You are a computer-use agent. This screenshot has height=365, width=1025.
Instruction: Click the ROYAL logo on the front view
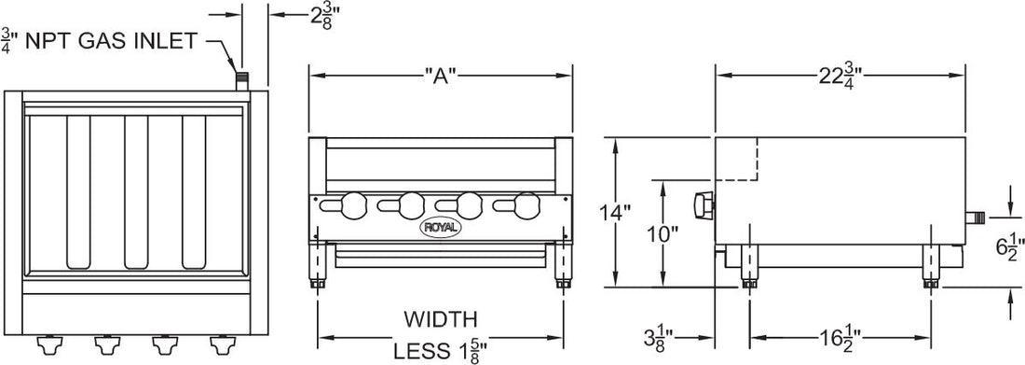(437, 225)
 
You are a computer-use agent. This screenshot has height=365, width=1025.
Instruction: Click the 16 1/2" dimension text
(841, 335)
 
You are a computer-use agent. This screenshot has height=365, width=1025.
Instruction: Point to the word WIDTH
(440, 319)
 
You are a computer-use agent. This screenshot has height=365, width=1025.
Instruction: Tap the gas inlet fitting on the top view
(242, 80)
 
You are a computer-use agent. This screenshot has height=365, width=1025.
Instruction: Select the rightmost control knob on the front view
(527, 203)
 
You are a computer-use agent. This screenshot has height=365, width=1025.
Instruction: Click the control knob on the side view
(702, 204)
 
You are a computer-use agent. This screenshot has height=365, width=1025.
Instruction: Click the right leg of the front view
(565, 267)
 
